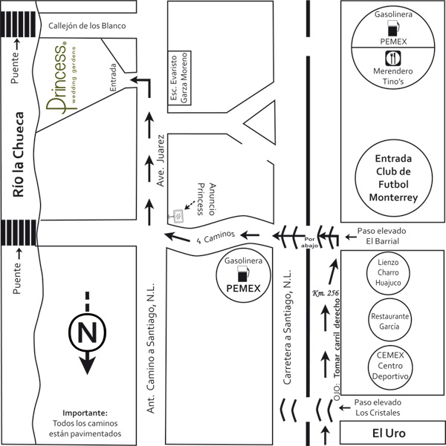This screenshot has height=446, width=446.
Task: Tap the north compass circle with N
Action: click(87, 335)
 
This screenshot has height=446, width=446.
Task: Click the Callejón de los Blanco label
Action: click(87, 26)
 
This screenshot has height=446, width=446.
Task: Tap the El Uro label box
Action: click(391, 431)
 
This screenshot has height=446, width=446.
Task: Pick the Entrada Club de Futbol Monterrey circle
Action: click(393, 179)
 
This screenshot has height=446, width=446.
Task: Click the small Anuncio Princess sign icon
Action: click(178, 217)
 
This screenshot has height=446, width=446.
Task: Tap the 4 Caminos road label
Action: click(216, 236)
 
